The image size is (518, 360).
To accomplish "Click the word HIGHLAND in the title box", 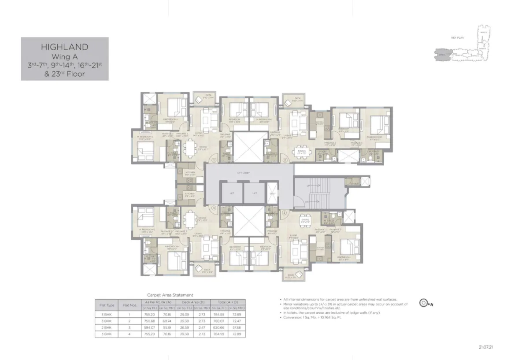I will pos(65,47).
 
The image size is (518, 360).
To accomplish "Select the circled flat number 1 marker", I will pos(214,160).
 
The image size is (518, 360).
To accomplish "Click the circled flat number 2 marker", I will pos(285,160).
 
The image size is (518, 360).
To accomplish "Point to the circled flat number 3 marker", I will pos(285,212).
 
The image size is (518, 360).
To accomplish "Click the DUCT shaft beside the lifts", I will pos(272,193).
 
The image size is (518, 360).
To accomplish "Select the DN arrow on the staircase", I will pos(307,202).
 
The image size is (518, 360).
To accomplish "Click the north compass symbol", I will pos(424,303).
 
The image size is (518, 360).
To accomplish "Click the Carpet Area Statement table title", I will pos(170,295).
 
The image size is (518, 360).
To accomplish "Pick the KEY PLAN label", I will pos(458,38).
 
